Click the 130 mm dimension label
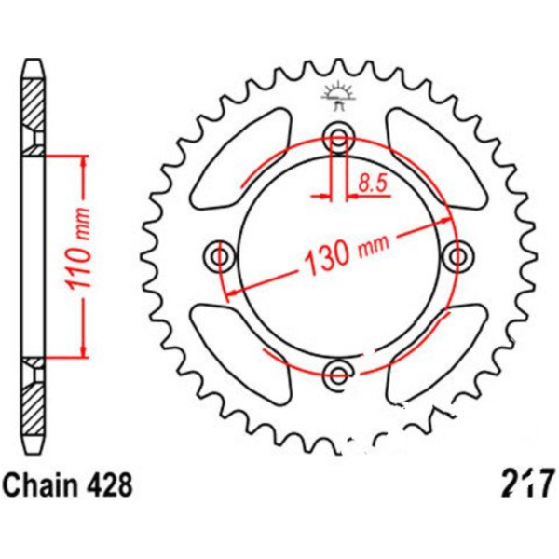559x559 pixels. (346, 254)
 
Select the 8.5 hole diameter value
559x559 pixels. (373, 184)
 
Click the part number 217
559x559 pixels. (528, 484)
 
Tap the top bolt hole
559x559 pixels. (339, 136)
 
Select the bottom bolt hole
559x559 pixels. (338, 375)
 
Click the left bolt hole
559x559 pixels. (220, 255)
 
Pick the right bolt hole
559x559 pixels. (457, 255)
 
